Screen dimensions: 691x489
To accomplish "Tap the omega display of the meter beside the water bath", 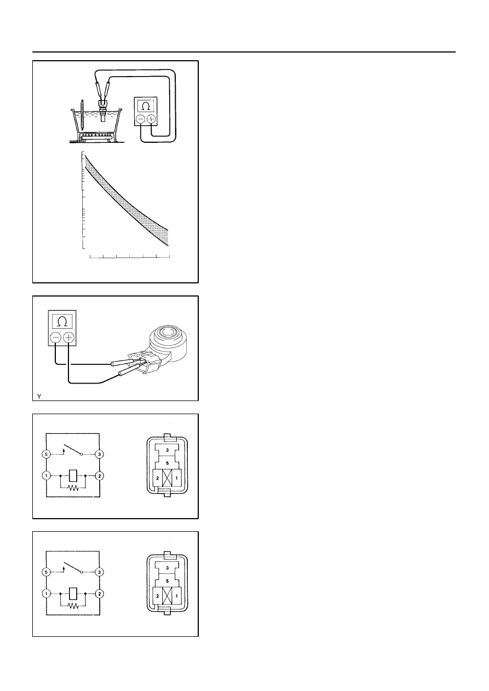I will [x=145, y=105].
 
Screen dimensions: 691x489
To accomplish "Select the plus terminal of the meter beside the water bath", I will [x=151, y=118].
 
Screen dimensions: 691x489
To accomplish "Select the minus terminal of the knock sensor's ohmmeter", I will [x=55, y=338].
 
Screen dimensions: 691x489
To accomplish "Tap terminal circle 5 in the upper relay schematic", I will [x=46, y=454].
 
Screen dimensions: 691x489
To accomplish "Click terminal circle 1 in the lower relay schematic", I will [x=46, y=593].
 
